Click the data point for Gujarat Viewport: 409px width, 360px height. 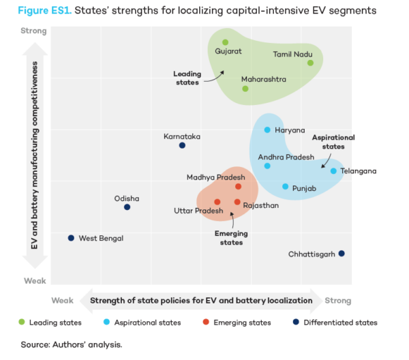click(x=226, y=42)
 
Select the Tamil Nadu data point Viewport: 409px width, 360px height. click(x=310, y=63)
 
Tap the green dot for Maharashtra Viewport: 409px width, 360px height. click(x=245, y=89)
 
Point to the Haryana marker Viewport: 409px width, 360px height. click(x=267, y=130)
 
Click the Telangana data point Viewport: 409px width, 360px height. click(x=333, y=171)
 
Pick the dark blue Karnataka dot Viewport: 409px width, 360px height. click(x=182, y=145)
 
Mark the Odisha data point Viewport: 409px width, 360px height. click(x=127, y=207)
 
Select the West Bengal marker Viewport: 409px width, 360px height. click(x=71, y=238)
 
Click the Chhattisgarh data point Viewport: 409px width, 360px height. click(x=342, y=254)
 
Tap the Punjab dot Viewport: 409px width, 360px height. click(x=286, y=187)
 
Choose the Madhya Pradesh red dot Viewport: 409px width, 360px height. click(x=238, y=187)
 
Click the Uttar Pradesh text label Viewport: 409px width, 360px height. click(x=198, y=211)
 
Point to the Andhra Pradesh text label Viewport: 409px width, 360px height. click(x=286, y=157)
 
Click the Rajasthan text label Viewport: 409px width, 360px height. click(x=260, y=205)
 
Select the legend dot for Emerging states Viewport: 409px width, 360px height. click(x=207, y=322)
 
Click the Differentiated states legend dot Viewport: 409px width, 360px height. click(x=296, y=322)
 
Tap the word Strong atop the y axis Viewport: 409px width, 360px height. click(x=33, y=31)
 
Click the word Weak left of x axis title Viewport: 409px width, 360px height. click(x=62, y=300)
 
